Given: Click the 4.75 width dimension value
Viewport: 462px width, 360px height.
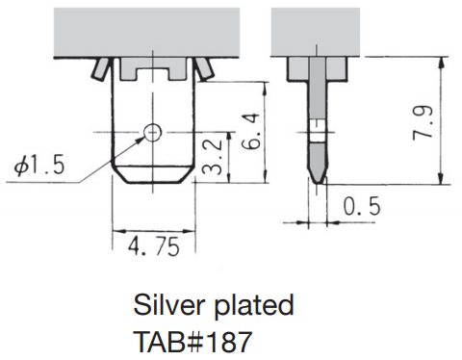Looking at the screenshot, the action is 153,247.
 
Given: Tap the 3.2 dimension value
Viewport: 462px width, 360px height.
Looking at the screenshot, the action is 213,157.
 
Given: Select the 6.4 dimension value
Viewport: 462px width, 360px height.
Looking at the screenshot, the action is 250,131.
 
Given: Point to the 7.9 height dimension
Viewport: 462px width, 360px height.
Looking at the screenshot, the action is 423,122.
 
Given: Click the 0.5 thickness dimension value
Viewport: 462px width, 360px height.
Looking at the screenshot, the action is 362,206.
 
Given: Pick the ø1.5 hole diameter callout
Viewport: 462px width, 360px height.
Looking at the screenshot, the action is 39,166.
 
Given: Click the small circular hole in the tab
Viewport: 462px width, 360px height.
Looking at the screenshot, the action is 152,132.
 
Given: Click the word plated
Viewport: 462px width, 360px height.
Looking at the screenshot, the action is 253,306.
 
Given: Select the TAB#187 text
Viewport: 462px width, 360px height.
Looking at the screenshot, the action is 192,342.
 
